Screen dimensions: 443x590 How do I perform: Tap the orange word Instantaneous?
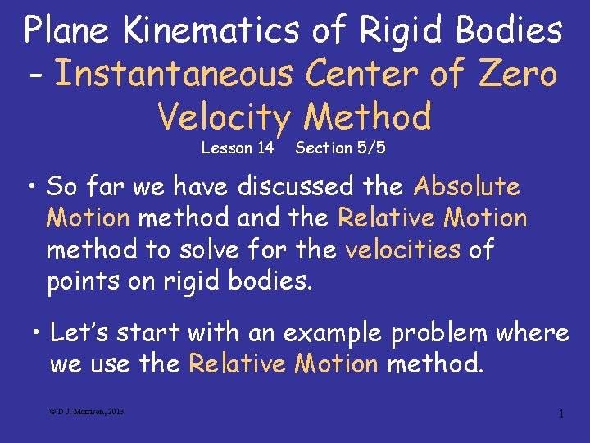point(175,74)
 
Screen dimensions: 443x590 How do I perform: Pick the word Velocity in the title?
point(224,116)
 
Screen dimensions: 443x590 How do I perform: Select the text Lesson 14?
point(238,148)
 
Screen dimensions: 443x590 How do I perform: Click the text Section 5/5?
point(340,148)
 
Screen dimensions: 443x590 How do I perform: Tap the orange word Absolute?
point(467,187)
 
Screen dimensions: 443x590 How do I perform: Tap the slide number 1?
point(560,413)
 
